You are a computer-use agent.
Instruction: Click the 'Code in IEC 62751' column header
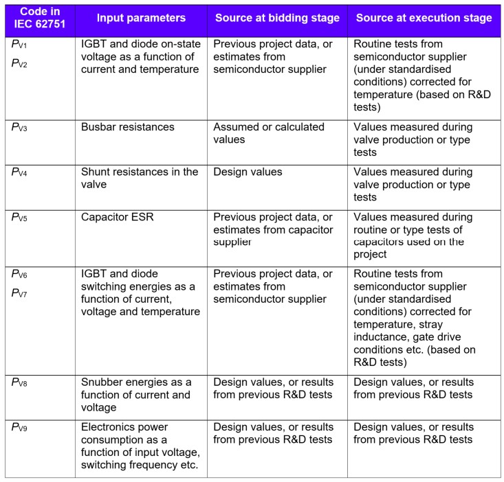click(x=39, y=19)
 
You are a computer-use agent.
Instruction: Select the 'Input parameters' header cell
click(x=140, y=19)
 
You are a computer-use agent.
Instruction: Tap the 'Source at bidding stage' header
click(x=276, y=19)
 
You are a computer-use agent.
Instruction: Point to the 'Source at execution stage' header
click(x=423, y=19)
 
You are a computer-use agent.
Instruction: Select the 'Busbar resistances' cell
click(x=128, y=127)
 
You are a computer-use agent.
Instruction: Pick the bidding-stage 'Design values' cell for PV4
click(x=248, y=172)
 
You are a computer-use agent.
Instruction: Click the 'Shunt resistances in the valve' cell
click(x=139, y=178)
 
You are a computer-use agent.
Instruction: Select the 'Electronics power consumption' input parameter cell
click(x=139, y=446)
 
